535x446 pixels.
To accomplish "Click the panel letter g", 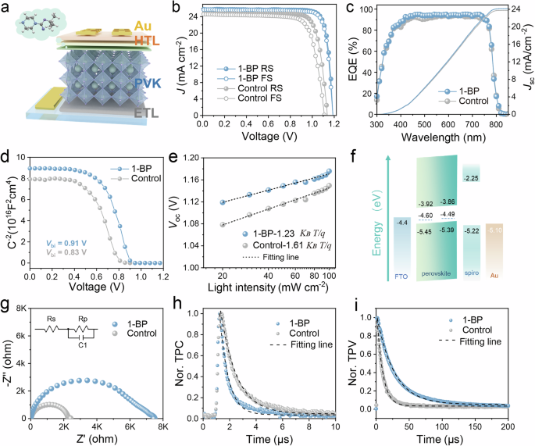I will click(6, 304).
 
